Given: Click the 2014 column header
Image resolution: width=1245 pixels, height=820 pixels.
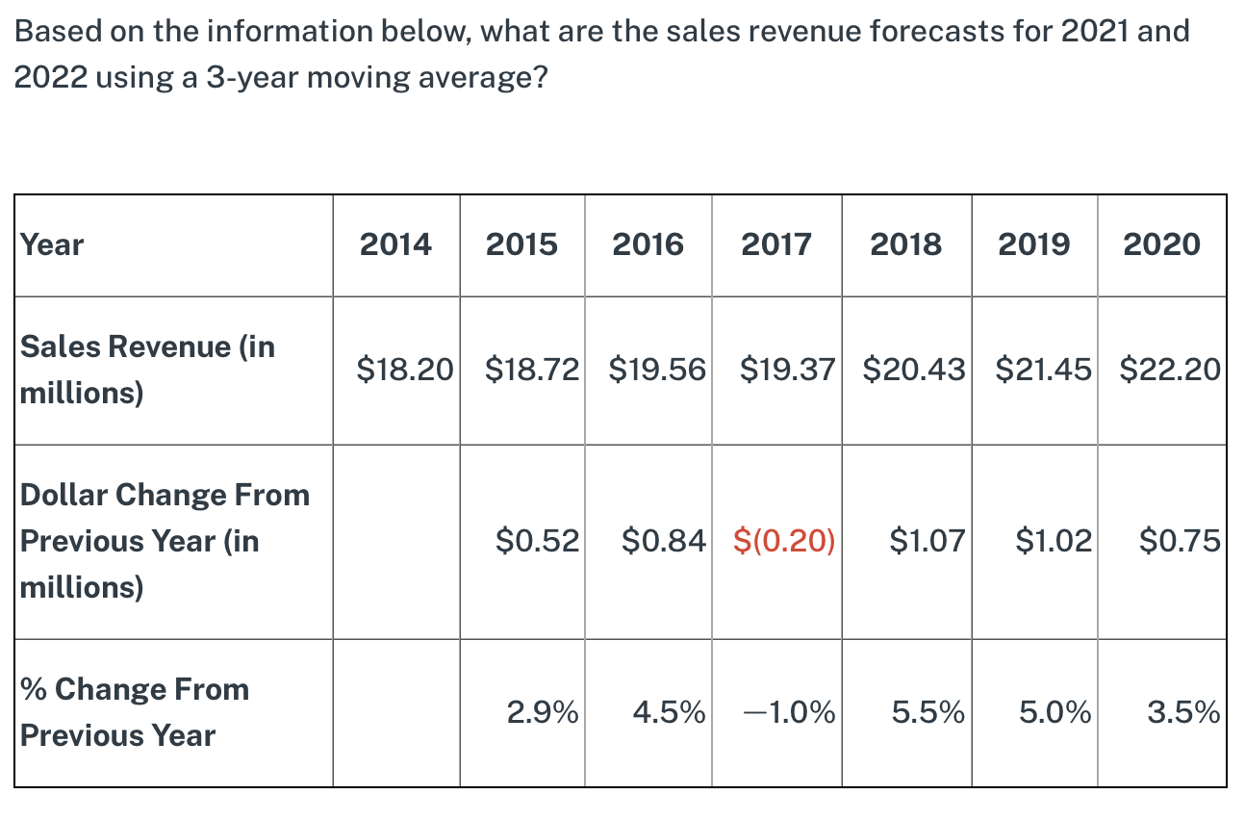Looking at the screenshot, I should (395, 244).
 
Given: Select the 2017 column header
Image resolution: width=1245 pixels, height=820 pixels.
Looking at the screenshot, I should (776, 244).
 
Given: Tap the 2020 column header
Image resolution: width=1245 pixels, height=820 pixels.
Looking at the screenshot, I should (1161, 244).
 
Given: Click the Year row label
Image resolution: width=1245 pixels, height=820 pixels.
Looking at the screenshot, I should (52, 244).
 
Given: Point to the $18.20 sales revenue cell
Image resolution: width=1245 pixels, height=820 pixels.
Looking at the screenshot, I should (404, 369).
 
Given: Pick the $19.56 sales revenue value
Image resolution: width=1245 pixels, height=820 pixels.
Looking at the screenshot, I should (658, 369).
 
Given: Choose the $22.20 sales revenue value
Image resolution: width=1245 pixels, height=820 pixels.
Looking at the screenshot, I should (1170, 369).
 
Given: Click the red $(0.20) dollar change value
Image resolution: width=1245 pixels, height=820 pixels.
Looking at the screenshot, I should (784, 541).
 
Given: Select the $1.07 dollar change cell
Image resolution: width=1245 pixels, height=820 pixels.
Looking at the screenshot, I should (927, 541).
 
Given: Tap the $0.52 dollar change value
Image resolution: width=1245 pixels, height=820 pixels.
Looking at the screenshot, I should (537, 541).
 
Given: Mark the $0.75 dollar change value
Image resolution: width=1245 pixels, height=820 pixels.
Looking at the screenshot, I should (1180, 541).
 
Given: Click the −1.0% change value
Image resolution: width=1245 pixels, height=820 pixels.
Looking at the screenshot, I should (789, 713).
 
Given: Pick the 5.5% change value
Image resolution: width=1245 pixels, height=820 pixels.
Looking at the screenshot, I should (927, 713).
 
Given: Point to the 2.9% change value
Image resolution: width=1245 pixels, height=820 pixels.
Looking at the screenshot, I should (543, 713).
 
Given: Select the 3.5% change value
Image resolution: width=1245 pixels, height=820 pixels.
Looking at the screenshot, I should (1183, 713).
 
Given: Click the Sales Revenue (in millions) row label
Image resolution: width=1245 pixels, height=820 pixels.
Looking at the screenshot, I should (147, 370).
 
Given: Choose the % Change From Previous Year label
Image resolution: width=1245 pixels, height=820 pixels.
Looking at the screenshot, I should (135, 712).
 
